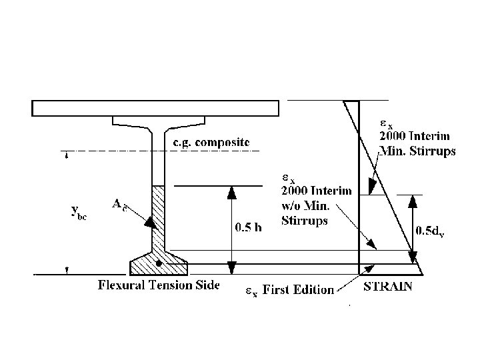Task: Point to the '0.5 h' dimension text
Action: click(x=249, y=227)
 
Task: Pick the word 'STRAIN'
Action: click(x=388, y=287)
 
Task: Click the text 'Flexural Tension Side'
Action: click(x=159, y=287)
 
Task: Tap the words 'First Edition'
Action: click(x=299, y=289)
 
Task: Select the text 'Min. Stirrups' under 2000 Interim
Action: click(x=417, y=151)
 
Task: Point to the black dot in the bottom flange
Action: click(x=158, y=264)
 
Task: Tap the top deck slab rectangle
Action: click(x=155, y=108)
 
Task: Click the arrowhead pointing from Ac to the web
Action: click(x=151, y=223)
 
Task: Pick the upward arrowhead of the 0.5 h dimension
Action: click(x=231, y=192)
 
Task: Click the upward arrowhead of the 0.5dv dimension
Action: click(x=413, y=201)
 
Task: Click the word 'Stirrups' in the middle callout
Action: click(x=305, y=221)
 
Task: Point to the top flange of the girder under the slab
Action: click(x=159, y=122)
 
